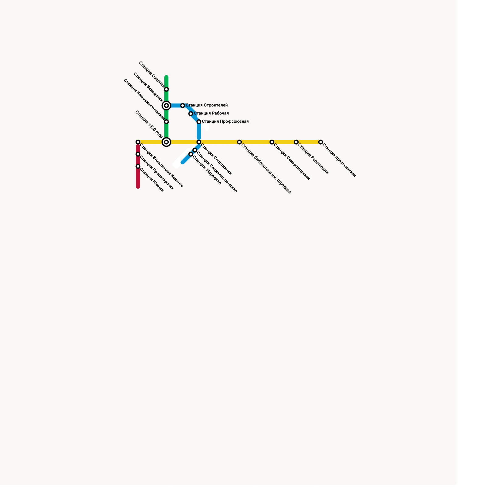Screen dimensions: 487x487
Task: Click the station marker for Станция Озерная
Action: tap(166, 89)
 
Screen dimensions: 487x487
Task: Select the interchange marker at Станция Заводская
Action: tap(166, 106)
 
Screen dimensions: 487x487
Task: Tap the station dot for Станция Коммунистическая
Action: tap(166, 122)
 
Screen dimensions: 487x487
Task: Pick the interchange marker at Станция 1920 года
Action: tap(166, 142)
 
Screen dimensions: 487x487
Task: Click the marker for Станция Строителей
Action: tap(183, 106)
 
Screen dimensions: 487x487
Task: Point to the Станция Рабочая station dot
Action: tap(191, 114)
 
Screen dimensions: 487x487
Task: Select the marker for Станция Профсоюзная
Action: tap(199, 122)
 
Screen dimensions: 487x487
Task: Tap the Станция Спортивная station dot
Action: tap(199, 142)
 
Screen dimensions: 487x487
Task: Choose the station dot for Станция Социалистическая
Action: tap(195, 150)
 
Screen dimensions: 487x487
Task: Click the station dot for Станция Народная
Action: tap(191, 154)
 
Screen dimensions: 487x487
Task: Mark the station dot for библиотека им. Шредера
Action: tap(240, 142)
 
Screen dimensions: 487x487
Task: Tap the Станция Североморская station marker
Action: tap(272, 142)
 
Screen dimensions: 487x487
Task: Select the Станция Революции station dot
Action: tap(296, 142)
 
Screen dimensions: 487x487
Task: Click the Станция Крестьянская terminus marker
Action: tap(321, 142)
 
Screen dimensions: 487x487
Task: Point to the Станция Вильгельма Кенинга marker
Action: tap(138, 142)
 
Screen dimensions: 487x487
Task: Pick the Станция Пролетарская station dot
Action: tap(138, 154)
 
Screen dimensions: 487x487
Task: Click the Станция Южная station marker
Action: tap(138, 166)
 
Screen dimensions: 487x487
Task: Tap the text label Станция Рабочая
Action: tap(211, 114)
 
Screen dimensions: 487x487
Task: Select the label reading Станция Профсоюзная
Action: tap(225, 122)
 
